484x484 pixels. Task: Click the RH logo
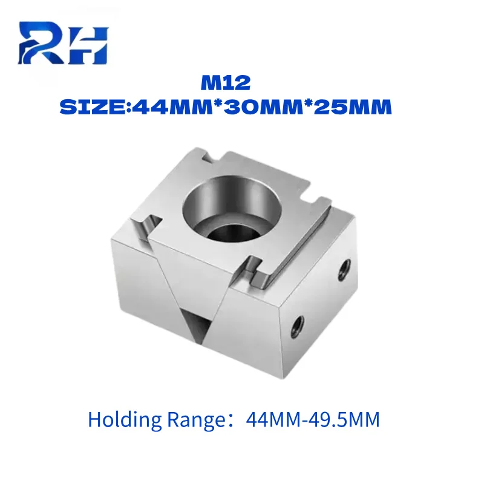tap(64, 42)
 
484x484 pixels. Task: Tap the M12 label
tap(226, 83)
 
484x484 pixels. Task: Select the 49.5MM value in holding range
tap(344, 420)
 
